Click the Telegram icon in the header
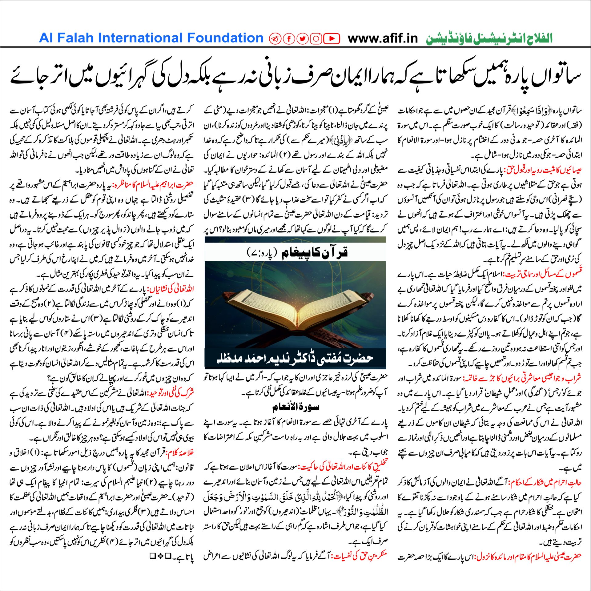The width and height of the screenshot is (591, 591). [275, 38]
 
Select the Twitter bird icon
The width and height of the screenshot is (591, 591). [303, 38]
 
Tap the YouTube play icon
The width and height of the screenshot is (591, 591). [332, 38]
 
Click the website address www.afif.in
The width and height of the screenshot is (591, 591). [383, 38]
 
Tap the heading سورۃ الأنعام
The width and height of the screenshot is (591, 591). [295, 407]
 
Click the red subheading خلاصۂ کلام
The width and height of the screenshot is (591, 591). [180, 453]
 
